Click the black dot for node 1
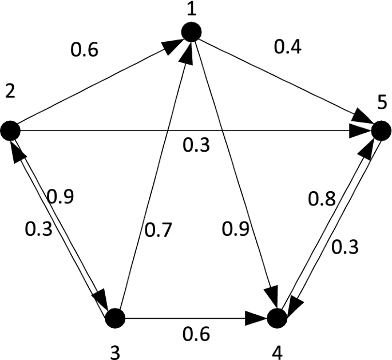pos(192,31)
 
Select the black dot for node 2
pos(11,132)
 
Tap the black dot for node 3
pos(116,317)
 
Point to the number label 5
pos(382,105)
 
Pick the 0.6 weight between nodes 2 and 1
pos(84,52)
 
